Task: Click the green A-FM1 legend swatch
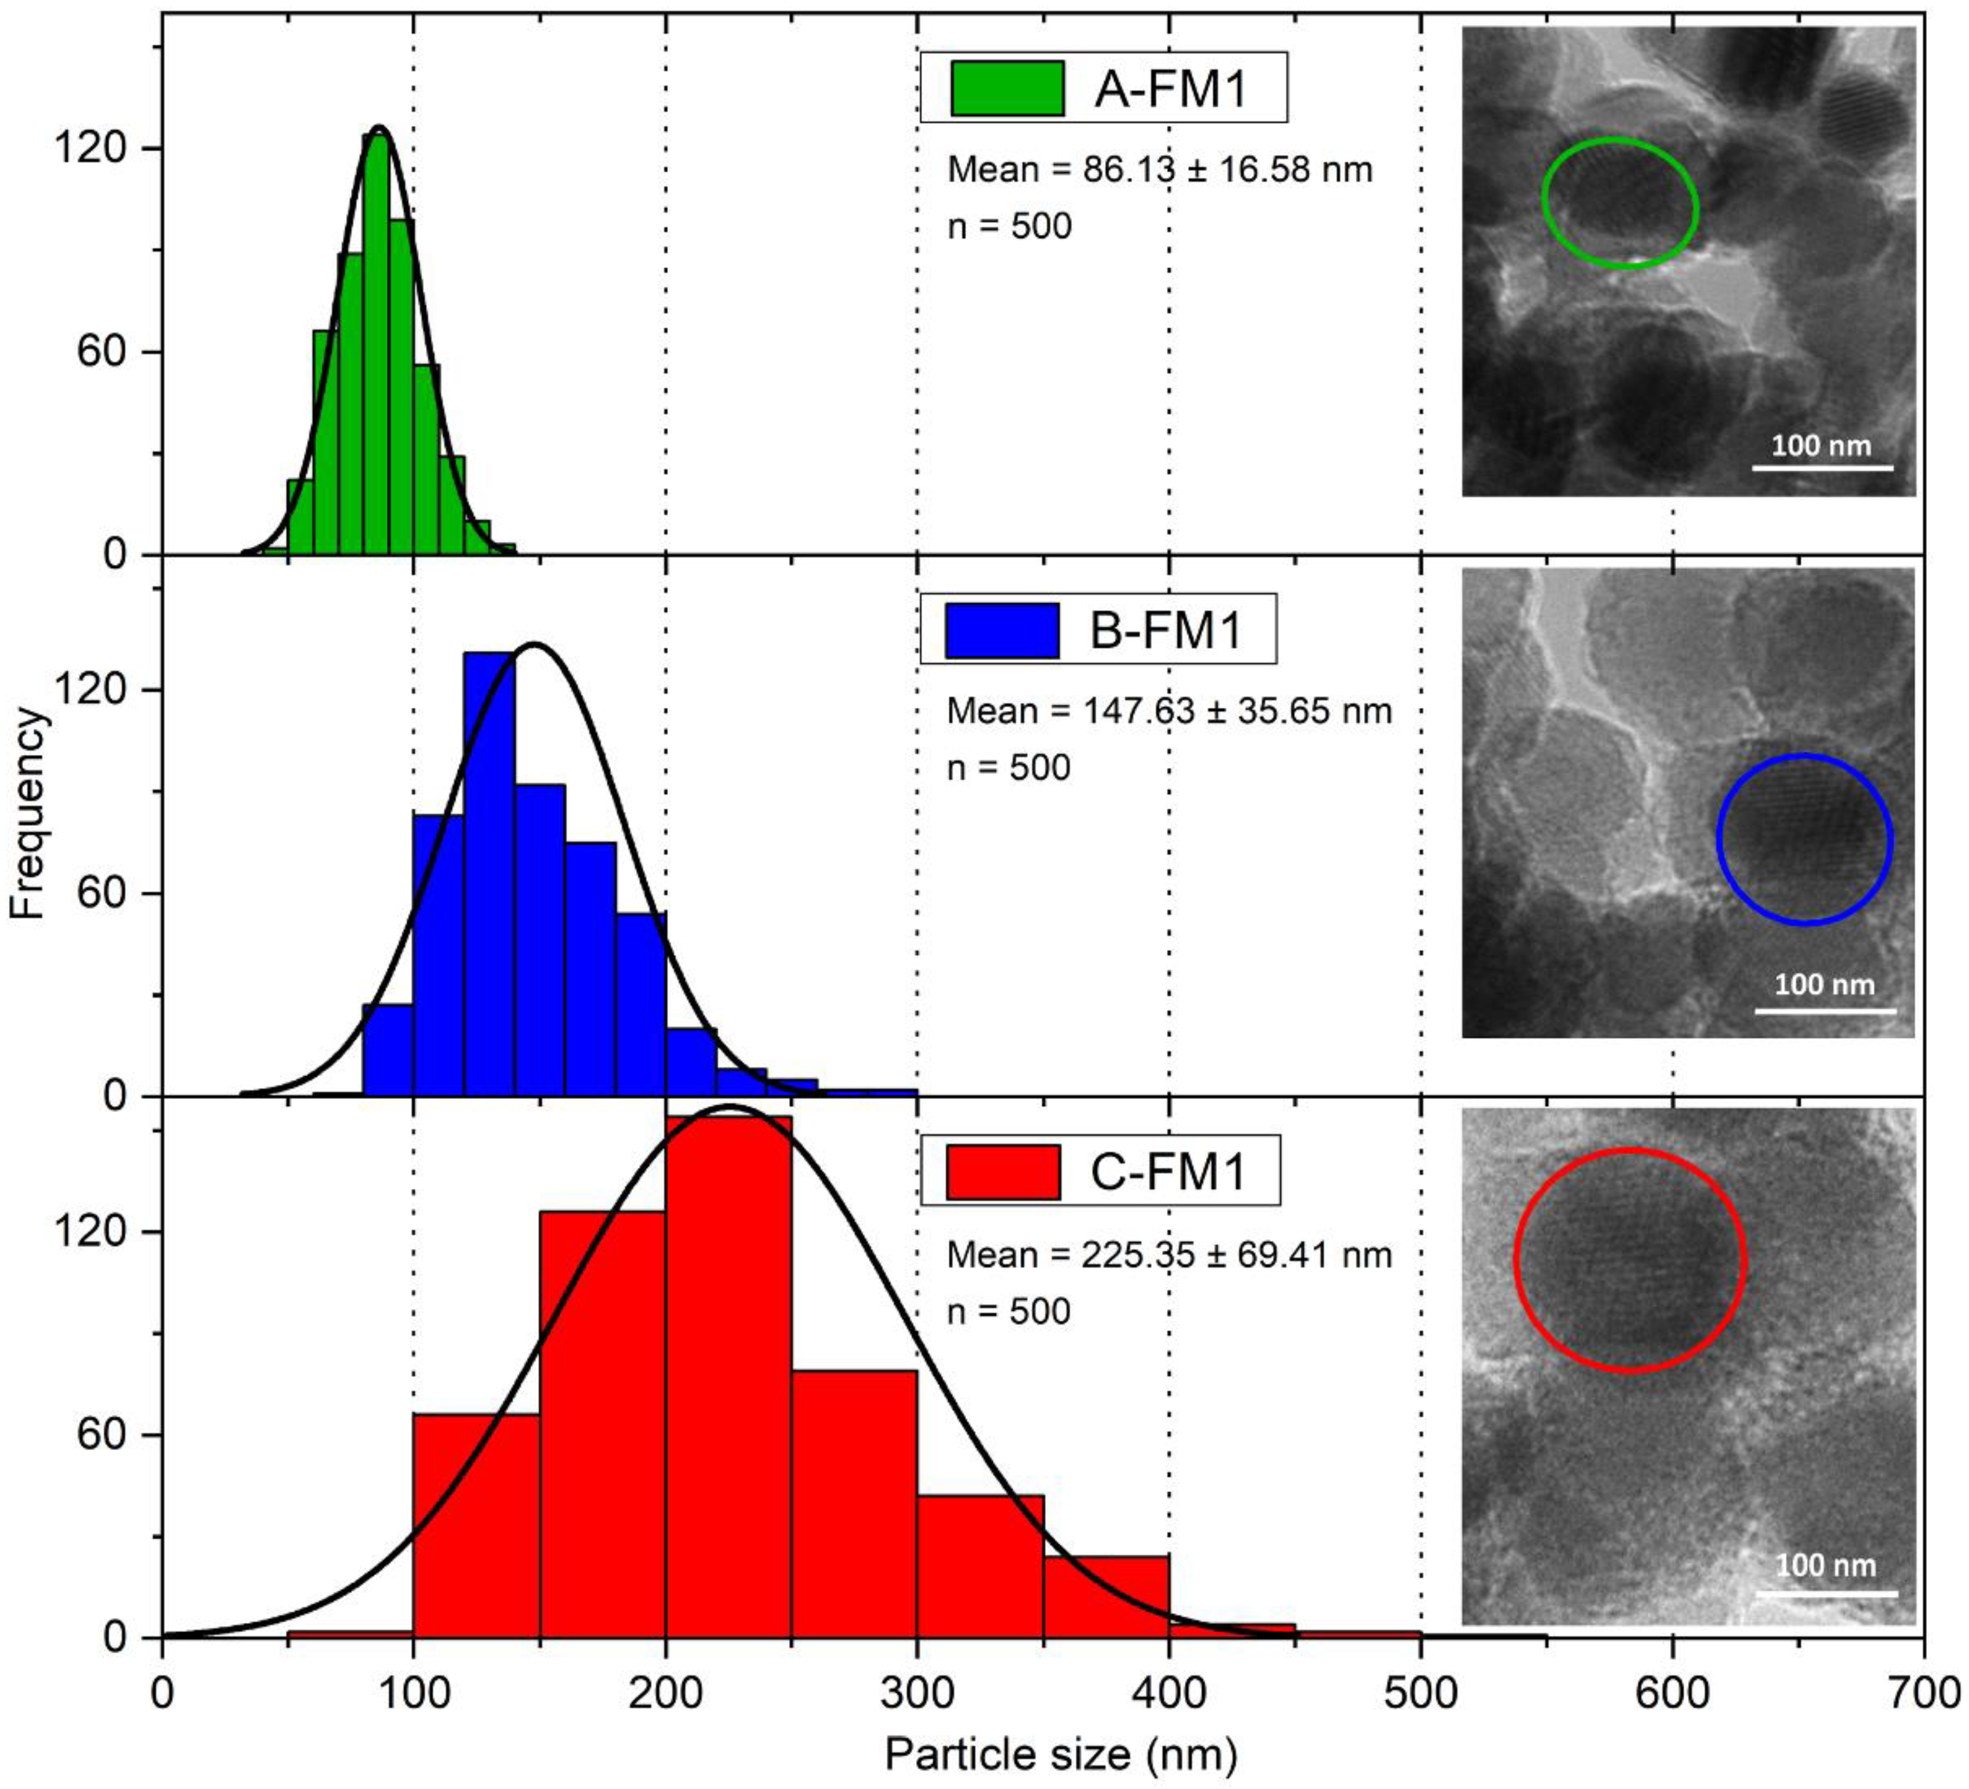(x=1007, y=89)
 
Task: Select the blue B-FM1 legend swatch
(x=1003, y=630)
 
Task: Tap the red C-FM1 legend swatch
(x=1003, y=1172)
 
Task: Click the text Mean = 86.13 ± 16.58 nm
(x=1159, y=170)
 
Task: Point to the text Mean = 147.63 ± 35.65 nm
(x=1169, y=711)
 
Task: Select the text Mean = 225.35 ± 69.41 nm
(x=1169, y=1254)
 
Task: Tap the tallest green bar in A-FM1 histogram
(x=376, y=342)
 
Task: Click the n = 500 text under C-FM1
(x=1009, y=1310)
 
